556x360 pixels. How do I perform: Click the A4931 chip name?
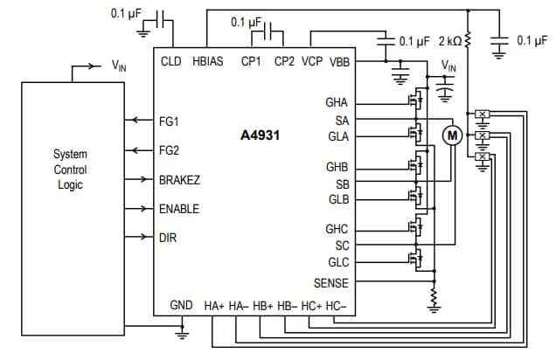[260, 135]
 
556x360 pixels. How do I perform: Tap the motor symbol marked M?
[452, 135]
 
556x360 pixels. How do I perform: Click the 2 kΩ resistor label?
[448, 40]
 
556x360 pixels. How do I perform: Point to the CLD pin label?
[171, 62]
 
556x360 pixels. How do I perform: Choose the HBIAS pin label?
[208, 62]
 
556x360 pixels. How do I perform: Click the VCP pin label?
[312, 62]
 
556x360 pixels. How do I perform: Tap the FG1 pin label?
[169, 121]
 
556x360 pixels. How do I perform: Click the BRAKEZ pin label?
[179, 180]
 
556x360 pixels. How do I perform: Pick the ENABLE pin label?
[178, 210]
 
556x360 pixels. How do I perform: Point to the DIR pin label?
[168, 238]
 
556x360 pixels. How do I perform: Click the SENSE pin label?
[331, 283]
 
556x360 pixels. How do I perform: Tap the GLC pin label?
[338, 262]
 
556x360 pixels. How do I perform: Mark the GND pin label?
[181, 306]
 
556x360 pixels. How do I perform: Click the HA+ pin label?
[214, 306]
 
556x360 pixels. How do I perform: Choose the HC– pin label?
[336, 306]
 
